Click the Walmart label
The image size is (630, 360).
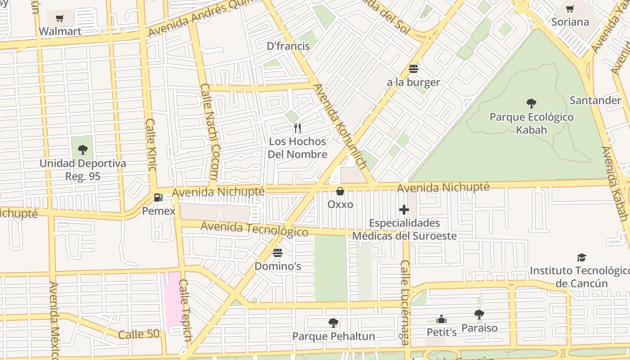[x=60, y=31]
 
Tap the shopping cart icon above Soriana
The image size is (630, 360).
[x=570, y=9]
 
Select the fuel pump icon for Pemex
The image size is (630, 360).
[x=158, y=197]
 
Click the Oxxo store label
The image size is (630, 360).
[x=340, y=204]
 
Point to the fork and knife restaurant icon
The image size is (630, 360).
[x=297, y=128]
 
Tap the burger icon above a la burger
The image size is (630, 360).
[x=413, y=69]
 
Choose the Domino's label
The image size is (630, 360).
[x=278, y=266]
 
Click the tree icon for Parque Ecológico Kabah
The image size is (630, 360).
[x=531, y=103]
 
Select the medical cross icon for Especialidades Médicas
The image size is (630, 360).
[x=404, y=210]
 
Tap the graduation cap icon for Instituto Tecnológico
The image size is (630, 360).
[x=581, y=257]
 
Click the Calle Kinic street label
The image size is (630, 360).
[x=151, y=145]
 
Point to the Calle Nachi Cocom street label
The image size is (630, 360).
[x=210, y=131]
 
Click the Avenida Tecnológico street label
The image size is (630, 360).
[x=254, y=229]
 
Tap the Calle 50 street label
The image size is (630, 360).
[x=139, y=334]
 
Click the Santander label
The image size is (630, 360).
[x=595, y=100]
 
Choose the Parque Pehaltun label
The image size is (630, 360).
[x=333, y=336]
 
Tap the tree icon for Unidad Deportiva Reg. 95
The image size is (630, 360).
[x=82, y=149]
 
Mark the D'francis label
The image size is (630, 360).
[x=288, y=46]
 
